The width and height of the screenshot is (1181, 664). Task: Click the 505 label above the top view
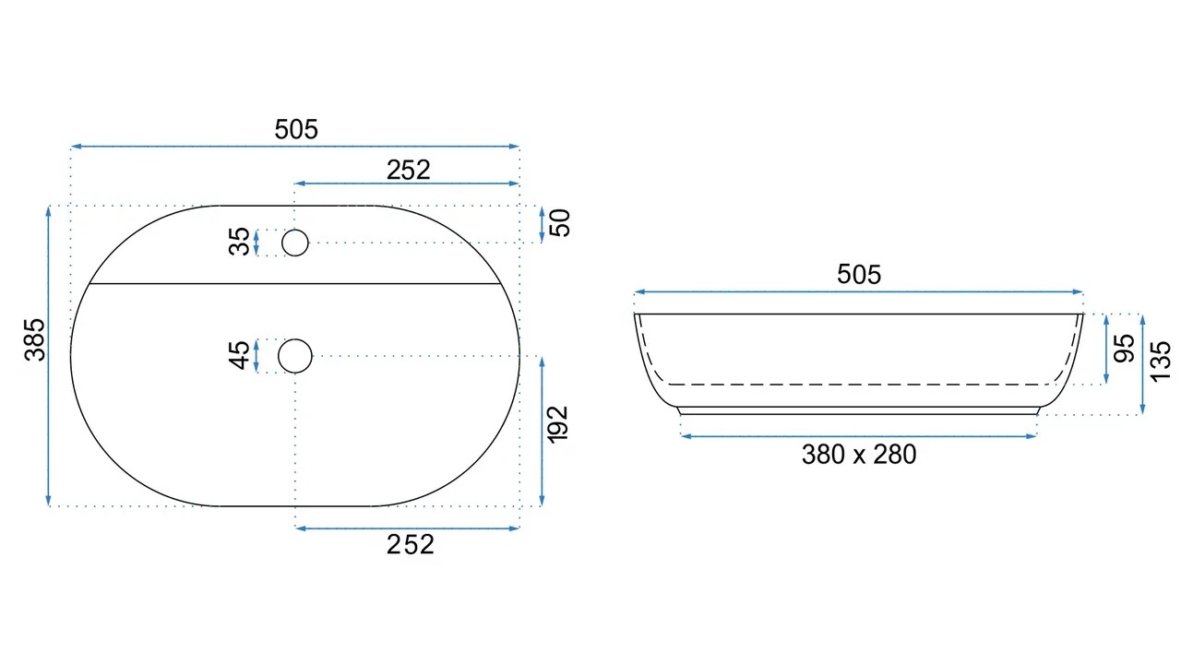[x=296, y=130]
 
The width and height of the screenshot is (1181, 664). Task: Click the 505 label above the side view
[x=859, y=275]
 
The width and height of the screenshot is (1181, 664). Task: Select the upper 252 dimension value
[x=408, y=171]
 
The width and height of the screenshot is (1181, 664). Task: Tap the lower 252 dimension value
[x=411, y=544]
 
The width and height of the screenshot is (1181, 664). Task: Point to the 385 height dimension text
[x=35, y=339]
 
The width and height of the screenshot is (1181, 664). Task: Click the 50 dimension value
[x=560, y=223]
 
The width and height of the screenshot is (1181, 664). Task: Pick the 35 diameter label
[x=239, y=242]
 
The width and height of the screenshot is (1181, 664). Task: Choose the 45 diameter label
[x=239, y=355]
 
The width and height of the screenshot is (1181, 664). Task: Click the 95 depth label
[x=1124, y=348]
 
